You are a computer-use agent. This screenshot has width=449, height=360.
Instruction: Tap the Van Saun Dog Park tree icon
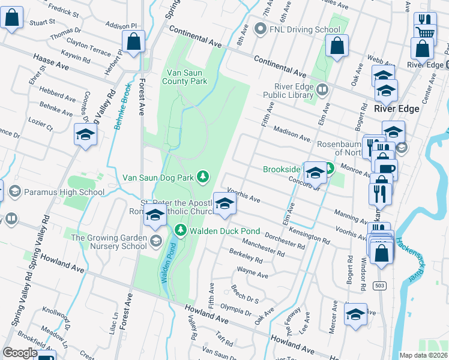pyautogui.click(x=203, y=176)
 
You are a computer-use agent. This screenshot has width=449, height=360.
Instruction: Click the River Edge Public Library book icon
pyautogui.click(x=323, y=91)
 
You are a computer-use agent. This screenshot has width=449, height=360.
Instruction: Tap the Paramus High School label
pyautogui.click(x=64, y=193)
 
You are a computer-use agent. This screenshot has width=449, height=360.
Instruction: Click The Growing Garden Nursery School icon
pyautogui.click(x=156, y=241)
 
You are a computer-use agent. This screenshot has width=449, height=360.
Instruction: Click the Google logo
pyautogui.click(x=20, y=353)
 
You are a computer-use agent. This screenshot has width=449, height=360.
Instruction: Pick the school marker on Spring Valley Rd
pyautogui.click(x=85, y=136)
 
